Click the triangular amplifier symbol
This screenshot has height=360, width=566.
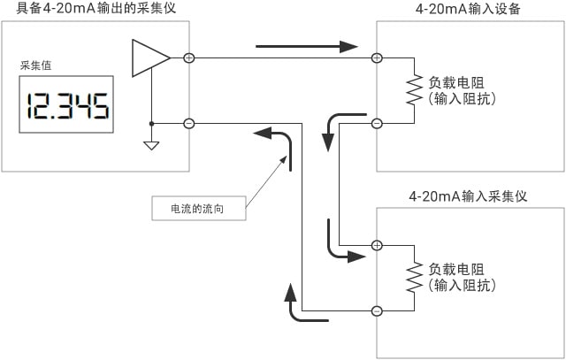(x=149, y=58)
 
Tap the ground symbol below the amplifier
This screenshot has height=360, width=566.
(x=151, y=144)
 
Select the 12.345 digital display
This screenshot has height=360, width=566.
(x=68, y=107)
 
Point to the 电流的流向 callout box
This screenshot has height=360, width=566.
(x=196, y=210)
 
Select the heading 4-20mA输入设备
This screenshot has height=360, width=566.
(x=469, y=10)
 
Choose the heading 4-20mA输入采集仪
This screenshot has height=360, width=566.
(x=469, y=196)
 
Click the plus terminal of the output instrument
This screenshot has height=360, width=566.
(x=188, y=58)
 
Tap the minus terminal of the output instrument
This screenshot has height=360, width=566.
(x=188, y=124)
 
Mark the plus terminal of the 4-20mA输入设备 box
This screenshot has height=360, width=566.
(x=377, y=58)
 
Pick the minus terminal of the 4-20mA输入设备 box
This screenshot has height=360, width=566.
(x=377, y=124)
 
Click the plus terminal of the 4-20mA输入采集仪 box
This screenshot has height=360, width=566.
(x=377, y=245)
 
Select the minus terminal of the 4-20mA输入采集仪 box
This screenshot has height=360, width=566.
(x=377, y=310)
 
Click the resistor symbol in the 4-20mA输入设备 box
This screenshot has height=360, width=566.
(x=411, y=91)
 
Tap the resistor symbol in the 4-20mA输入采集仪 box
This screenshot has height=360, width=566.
(x=411, y=278)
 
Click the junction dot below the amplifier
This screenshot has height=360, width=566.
(x=151, y=124)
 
